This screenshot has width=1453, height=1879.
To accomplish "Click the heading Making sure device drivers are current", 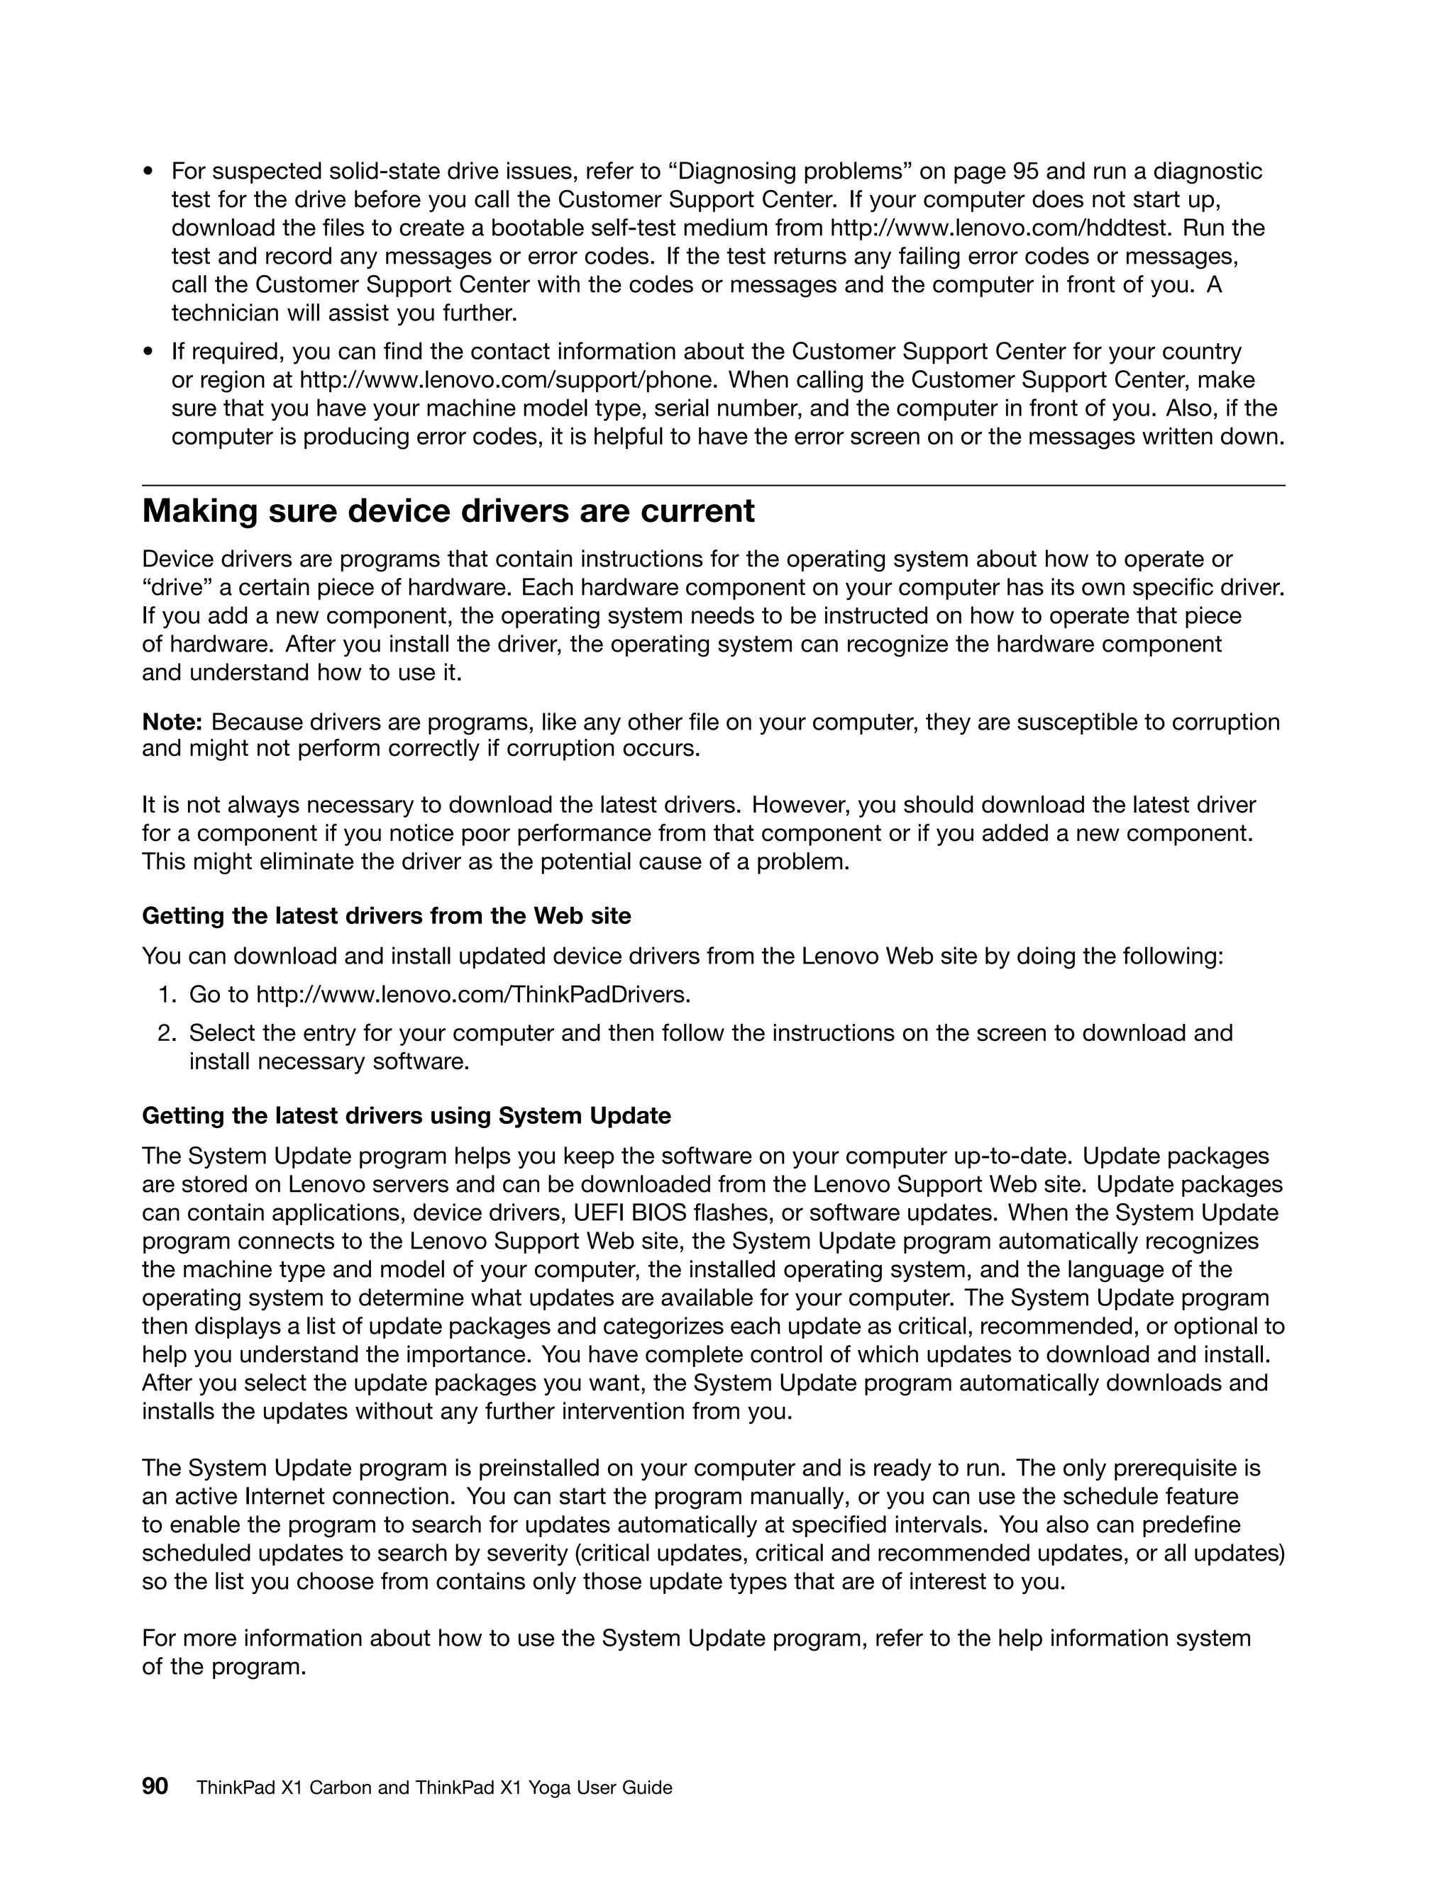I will (x=448, y=512).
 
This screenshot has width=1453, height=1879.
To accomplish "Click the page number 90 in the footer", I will (x=155, y=1787).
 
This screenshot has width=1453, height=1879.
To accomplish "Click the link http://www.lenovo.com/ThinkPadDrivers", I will (x=473, y=996).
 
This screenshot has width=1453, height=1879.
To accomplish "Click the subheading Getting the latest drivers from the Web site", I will (x=386, y=916).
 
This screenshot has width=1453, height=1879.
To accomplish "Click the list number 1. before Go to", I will (x=167, y=996).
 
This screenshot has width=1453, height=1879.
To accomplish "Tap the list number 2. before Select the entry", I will (x=167, y=1033).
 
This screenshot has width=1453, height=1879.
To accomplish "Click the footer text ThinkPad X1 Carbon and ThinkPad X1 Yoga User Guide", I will (x=433, y=1788).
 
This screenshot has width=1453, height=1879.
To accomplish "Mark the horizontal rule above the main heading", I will (x=713, y=486).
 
